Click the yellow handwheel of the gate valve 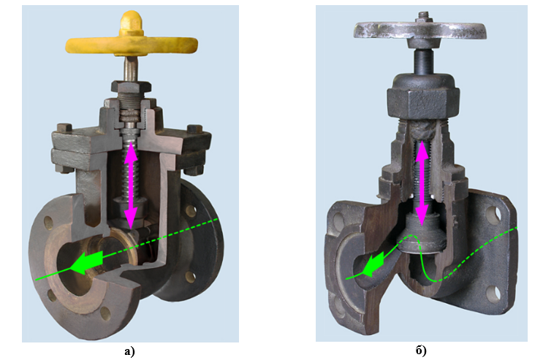click(132, 45)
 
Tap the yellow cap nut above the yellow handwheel click(131, 23)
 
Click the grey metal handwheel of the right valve click(420, 30)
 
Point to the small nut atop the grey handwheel click(423, 17)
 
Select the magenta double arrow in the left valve click(131, 185)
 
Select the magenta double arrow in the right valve click(422, 183)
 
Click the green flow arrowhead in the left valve click(86, 263)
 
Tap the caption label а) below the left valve click(129, 351)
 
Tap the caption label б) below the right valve click(421, 351)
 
